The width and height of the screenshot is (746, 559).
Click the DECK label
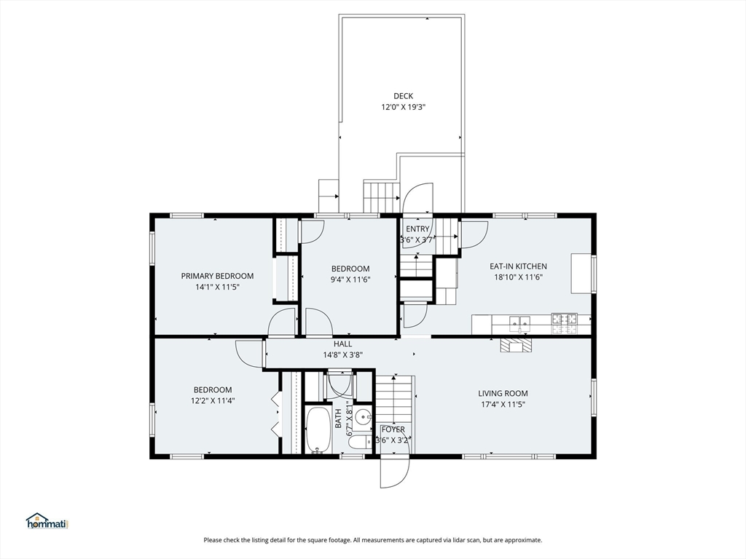[x=403, y=96]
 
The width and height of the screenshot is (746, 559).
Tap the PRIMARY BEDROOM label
[x=217, y=276]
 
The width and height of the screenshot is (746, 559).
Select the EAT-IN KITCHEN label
[x=518, y=266]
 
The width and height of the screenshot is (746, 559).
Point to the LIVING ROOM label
[x=503, y=393]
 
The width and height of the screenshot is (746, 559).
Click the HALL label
[x=342, y=344]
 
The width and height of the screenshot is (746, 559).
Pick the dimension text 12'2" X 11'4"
[x=213, y=401]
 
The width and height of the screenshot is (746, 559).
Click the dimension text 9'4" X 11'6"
[x=350, y=279]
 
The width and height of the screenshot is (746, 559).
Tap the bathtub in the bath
[x=318, y=429]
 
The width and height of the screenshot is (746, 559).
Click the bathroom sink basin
[x=365, y=418]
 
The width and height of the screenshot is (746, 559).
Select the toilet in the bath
[x=360, y=442]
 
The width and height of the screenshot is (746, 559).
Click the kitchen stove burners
[x=565, y=323]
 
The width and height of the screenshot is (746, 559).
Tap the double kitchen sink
[x=519, y=323]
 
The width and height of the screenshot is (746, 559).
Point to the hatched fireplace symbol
[x=515, y=345]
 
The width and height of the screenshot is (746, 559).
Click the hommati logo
[x=47, y=521]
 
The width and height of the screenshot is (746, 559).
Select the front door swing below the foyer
[x=394, y=471]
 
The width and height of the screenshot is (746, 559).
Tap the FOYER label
[x=393, y=429]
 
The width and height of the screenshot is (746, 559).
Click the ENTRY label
[x=417, y=229]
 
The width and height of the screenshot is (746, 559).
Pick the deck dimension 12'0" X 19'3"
[x=403, y=108]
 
